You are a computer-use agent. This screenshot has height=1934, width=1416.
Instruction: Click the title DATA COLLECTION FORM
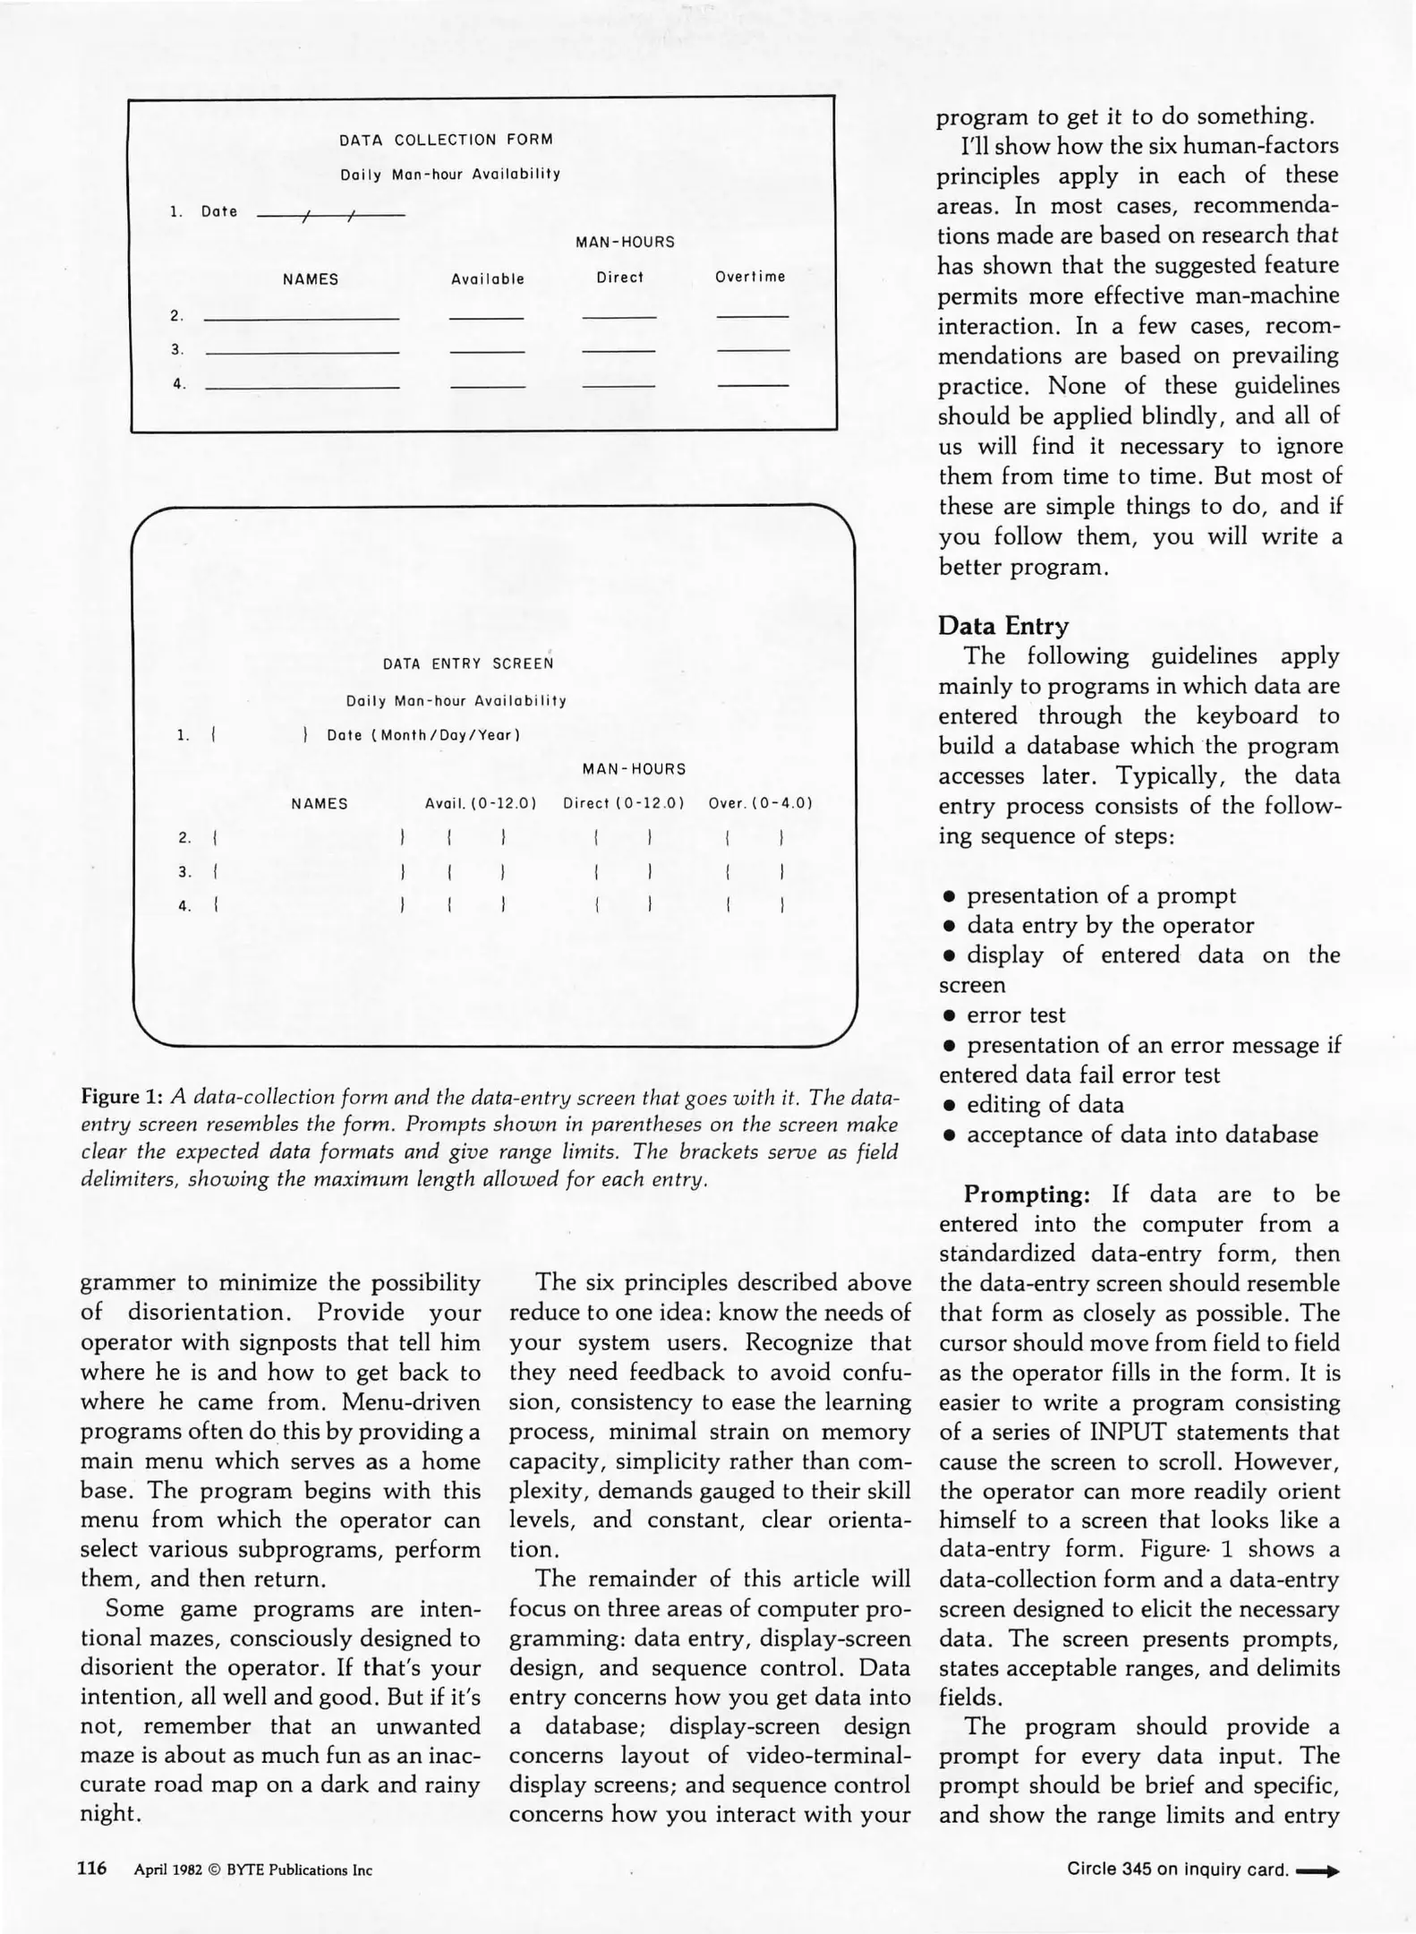coord(446,140)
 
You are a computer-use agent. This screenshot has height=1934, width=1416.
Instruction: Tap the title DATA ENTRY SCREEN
coord(468,663)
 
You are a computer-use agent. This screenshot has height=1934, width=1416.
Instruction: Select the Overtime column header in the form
coord(750,277)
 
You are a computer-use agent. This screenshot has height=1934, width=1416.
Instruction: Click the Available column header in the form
coord(488,279)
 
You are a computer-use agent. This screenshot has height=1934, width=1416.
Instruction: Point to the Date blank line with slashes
coord(330,215)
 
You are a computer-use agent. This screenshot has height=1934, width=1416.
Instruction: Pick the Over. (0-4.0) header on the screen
coord(760,803)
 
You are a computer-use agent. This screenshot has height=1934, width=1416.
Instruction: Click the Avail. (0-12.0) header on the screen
coord(481,803)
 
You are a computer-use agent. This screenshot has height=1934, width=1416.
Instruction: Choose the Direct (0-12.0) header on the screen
coord(623,803)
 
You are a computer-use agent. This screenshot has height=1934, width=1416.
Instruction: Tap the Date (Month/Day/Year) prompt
coord(423,735)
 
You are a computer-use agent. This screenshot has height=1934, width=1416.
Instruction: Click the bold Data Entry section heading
coord(1002,626)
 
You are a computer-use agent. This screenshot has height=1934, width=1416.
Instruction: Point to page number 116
coord(92,1868)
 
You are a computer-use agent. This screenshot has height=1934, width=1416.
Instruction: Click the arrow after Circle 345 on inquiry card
coord(1318,1870)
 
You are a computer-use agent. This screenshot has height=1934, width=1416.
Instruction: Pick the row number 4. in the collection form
coord(179,383)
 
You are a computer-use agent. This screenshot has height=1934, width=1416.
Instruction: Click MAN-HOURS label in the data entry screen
coord(634,769)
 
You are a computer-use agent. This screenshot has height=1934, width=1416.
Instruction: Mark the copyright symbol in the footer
coord(214,1870)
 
